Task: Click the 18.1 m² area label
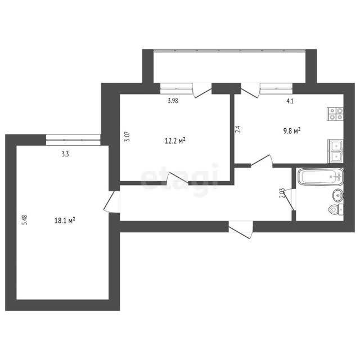click(x=65, y=220)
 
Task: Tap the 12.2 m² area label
click(x=175, y=141)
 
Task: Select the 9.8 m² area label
click(x=292, y=131)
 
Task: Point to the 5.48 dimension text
click(x=25, y=220)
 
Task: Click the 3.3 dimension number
click(x=65, y=154)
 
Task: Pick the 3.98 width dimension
click(x=173, y=101)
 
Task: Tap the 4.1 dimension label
click(x=290, y=101)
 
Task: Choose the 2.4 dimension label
click(x=238, y=129)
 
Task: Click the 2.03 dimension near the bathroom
click(x=282, y=193)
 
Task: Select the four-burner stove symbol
click(x=335, y=114)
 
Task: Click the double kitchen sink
click(x=335, y=151)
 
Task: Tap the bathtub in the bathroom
click(x=321, y=177)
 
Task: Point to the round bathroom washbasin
click(x=338, y=195)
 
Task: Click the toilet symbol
click(x=336, y=210)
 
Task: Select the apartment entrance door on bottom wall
click(x=241, y=229)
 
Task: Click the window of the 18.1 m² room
click(x=73, y=140)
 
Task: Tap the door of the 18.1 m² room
click(x=112, y=201)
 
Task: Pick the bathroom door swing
click(x=290, y=199)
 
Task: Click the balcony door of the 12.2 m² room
click(x=202, y=91)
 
